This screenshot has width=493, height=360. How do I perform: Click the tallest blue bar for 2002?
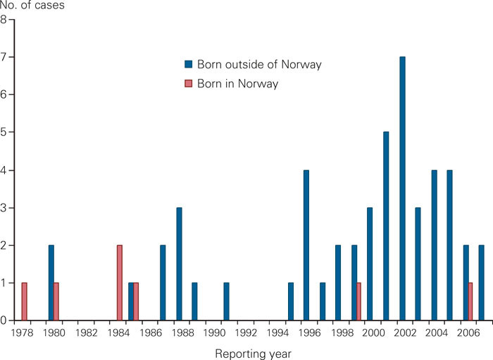[402, 189]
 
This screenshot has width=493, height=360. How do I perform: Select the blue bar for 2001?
[386, 226]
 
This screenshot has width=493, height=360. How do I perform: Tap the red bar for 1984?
[120, 283]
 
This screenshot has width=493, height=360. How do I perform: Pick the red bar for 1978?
[25, 302]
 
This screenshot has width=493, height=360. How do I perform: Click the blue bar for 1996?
[306, 245]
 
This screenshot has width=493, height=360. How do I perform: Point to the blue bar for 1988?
[179, 264]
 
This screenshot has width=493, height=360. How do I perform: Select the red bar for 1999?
[359, 302]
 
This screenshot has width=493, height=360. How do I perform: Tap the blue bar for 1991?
[227, 302]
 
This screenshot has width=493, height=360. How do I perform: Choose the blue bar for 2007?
[482, 283]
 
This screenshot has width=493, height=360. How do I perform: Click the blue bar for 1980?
[51, 283]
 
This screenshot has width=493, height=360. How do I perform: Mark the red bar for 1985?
[136, 302]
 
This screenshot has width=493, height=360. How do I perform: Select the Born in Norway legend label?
[237, 84]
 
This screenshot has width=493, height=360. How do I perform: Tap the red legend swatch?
[188, 84]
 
